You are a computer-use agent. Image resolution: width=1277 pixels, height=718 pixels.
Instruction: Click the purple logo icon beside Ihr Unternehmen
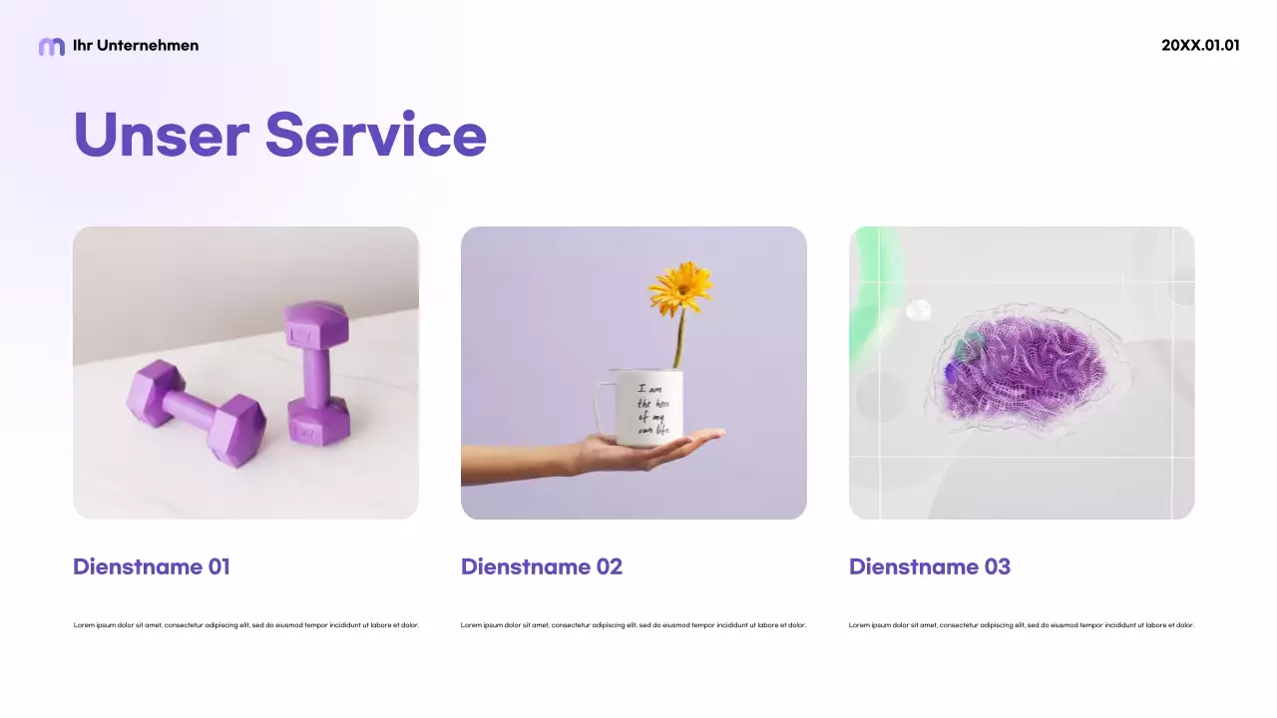click(51, 46)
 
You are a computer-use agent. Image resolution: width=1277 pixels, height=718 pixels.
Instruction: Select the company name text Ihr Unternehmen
click(136, 46)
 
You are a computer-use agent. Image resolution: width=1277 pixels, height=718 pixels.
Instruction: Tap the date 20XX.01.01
click(1200, 46)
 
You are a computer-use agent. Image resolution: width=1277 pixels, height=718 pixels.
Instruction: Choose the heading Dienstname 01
click(152, 567)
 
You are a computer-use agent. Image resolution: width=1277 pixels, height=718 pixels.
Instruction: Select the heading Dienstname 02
click(542, 567)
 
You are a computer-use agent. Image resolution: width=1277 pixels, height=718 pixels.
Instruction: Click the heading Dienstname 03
click(930, 567)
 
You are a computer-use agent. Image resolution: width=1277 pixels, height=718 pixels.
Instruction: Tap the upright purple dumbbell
click(316, 373)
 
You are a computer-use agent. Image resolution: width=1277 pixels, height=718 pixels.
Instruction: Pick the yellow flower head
click(680, 287)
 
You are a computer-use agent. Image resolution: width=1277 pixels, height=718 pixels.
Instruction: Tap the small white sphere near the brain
click(918, 310)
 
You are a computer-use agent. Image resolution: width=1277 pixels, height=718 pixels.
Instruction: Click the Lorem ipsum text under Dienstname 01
click(246, 625)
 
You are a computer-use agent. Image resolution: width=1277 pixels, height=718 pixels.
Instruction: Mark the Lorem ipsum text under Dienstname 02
click(634, 625)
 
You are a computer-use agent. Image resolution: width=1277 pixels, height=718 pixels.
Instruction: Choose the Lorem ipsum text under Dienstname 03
click(1022, 625)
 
